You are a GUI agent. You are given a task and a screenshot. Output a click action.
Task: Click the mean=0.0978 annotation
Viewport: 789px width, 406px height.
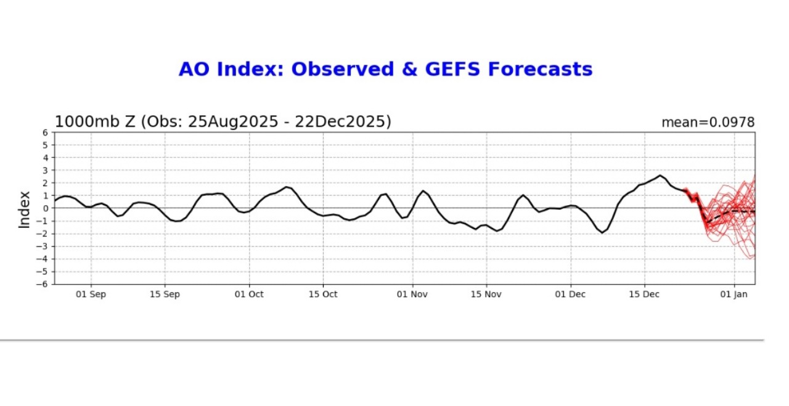coord(708,123)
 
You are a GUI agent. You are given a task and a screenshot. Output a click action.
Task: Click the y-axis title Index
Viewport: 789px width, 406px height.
coord(25,209)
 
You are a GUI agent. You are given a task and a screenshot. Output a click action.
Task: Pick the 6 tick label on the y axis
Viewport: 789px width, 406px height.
coord(45,132)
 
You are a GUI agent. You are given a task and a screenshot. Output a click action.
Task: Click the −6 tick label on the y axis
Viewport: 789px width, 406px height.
coord(43,284)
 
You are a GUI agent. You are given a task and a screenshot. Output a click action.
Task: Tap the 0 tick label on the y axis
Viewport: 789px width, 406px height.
coord(45,208)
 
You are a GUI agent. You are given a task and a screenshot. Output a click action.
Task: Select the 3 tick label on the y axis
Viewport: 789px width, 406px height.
coord(45,171)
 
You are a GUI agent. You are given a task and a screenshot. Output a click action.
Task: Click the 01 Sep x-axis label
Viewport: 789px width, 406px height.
coord(91,294)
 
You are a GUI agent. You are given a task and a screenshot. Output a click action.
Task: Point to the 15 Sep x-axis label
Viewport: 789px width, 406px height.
coord(165,294)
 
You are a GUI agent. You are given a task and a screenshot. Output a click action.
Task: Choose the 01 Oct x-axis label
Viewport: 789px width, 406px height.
coord(249,294)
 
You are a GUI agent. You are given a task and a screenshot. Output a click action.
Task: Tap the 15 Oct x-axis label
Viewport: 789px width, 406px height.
coord(324,294)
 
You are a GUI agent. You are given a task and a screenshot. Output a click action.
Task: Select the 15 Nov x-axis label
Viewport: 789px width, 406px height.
coord(486,294)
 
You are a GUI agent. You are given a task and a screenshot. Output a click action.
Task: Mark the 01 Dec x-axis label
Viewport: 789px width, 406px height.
coord(570,294)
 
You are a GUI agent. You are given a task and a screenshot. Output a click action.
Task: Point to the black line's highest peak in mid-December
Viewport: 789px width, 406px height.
coord(660,176)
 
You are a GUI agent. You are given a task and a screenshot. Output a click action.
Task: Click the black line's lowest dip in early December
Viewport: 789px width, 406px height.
coord(602,233)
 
